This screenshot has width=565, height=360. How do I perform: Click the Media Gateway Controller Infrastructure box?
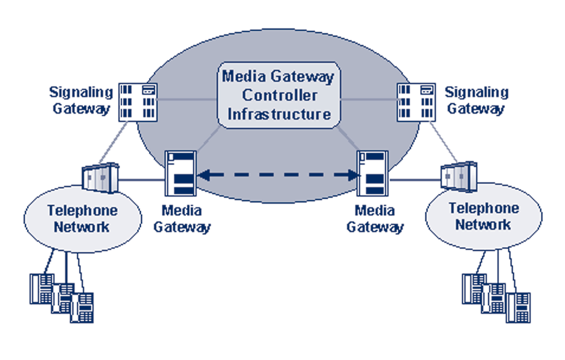[278, 95]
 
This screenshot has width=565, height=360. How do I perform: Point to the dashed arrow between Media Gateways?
[277, 175]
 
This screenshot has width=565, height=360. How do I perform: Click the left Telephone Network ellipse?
[82, 218]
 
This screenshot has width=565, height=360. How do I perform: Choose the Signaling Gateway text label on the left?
[81, 100]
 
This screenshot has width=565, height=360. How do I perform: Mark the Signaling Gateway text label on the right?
[476, 100]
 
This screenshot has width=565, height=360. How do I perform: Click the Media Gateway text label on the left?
[181, 218]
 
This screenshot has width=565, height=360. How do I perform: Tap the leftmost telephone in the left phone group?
[42, 288]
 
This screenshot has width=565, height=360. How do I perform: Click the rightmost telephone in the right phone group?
[518, 307]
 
